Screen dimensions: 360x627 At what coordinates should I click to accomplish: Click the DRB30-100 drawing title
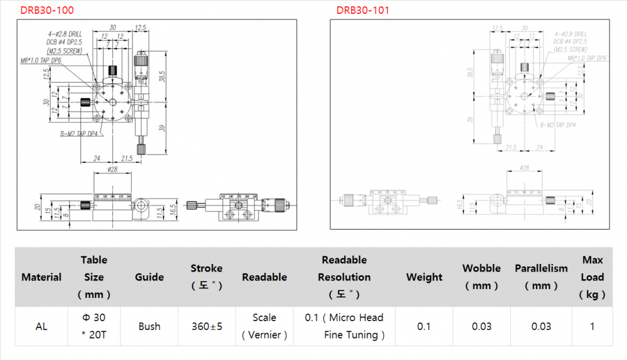point(46,10)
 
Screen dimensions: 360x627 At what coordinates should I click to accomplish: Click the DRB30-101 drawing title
point(362,10)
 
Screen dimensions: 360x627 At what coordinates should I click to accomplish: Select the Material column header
point(41,277)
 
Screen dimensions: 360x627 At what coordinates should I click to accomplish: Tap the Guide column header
point(149,277)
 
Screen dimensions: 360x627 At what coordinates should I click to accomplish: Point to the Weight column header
point(424,277)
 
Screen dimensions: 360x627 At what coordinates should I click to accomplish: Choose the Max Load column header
point(593,277)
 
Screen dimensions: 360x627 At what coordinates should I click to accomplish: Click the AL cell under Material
point(41,326)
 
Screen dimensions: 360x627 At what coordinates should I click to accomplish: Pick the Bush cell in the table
point(149,326)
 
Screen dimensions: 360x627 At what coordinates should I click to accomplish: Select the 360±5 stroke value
point(206,326)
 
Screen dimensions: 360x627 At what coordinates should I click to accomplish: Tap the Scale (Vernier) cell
point(265,326)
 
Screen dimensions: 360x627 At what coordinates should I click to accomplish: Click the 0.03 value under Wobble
point(482,326)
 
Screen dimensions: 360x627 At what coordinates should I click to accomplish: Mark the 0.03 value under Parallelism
point(541,326)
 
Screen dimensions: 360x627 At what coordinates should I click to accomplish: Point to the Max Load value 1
point(593,326)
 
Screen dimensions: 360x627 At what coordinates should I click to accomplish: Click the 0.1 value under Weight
point(424,326)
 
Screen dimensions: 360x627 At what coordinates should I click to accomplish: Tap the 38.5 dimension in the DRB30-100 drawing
point(162,77)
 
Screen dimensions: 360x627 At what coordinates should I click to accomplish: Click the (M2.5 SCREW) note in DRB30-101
point(571,49)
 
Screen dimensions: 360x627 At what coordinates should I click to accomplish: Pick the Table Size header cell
point(94,277)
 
